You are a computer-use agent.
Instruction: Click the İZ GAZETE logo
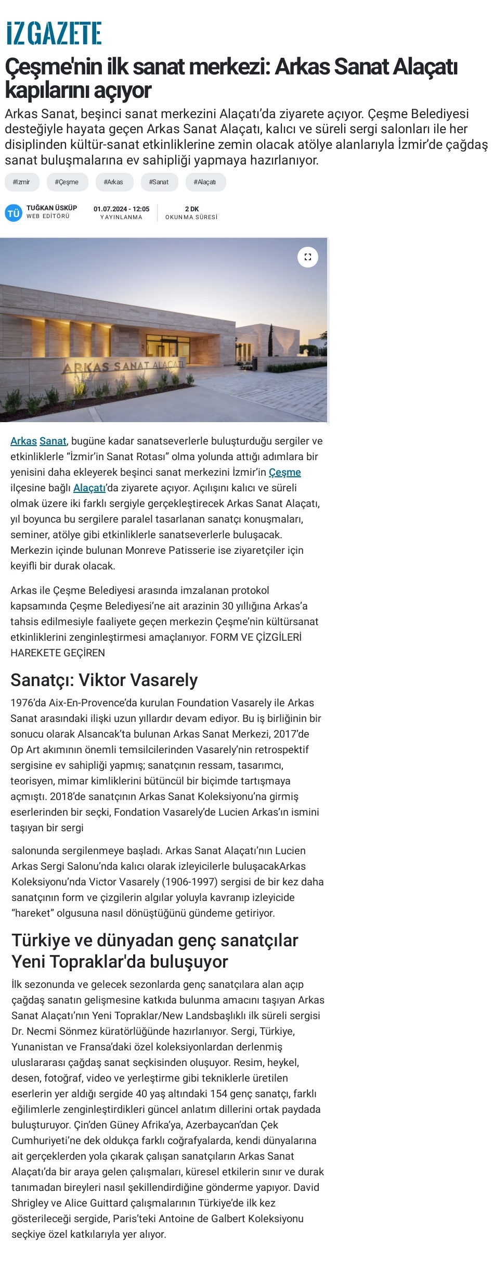[x=54, y=33]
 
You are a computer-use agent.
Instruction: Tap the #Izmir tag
[x=21, y=182]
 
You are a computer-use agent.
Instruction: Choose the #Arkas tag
[x=113, y=182]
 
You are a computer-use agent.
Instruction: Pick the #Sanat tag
[x=159, y=182]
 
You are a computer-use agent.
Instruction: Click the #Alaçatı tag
[x=205, y=182]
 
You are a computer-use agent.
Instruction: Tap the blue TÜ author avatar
[x=13, y=213]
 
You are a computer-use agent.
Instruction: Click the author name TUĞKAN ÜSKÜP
[x=51, y=208]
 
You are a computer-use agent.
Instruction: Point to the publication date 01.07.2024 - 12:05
[x=121, y=209]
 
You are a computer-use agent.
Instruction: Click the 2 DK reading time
[x=191, y=209]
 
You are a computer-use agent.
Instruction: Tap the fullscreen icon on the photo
[x=308, y=257]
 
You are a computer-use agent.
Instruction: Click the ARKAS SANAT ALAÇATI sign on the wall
[x=123, y=366]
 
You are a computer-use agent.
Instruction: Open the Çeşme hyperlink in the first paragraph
[x=284, y=472]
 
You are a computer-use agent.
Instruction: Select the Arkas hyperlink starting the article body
[x=23, y=441]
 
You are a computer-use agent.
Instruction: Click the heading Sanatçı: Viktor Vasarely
[x=104, y=680]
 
